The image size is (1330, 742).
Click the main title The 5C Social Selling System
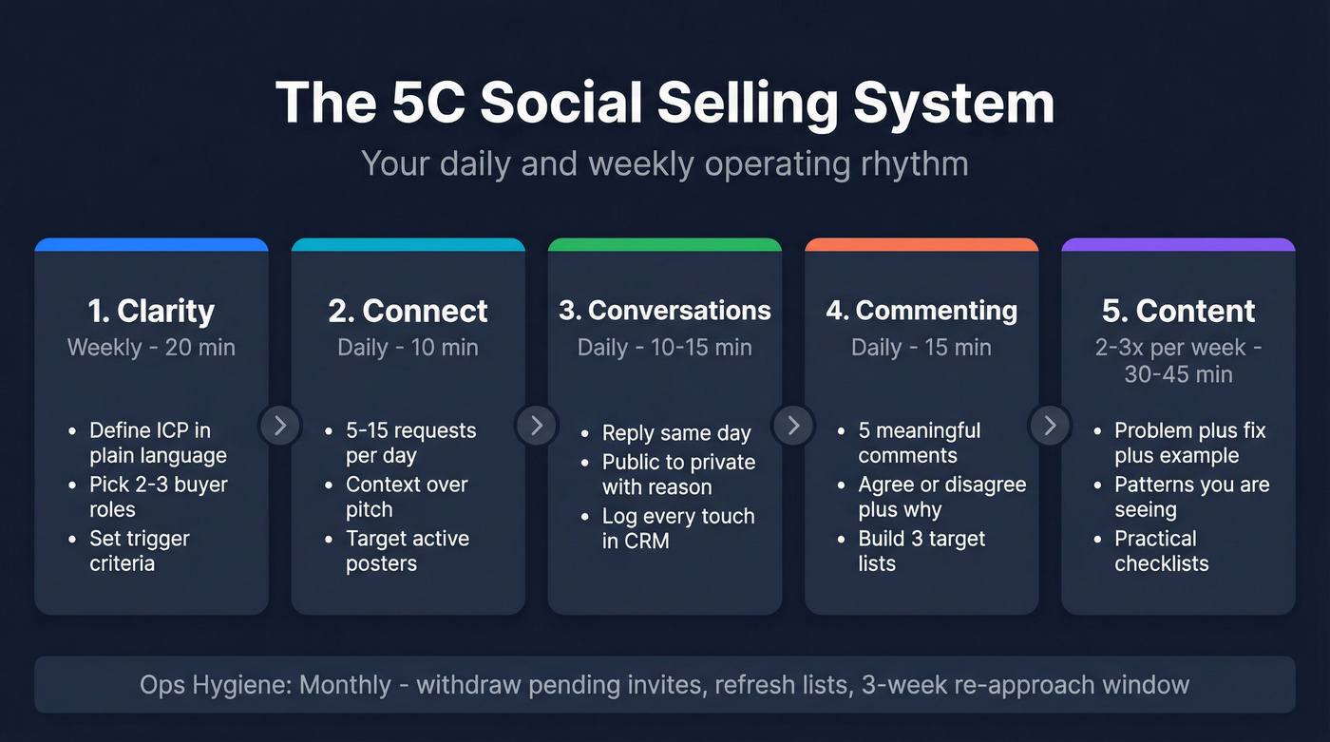(664, 103)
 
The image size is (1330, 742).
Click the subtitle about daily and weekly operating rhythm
(664, 163)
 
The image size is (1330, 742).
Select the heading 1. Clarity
(151, 311)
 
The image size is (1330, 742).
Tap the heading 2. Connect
(408, 311)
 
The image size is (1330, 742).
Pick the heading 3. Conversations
(664, 311)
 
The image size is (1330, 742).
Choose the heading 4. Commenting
(921, 311)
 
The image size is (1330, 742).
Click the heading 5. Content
(1178, 311)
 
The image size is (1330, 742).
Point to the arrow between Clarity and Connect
(280, 425)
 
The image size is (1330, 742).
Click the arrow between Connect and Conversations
(537, 425)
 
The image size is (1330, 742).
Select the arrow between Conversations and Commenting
(793, 425)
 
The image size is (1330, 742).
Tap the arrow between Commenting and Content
(1050, 425)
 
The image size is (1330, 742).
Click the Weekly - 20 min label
(151, 348)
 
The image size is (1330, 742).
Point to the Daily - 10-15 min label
(664, 348)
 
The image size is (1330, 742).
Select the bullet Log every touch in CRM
(677, 528)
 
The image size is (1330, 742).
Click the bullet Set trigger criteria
(140, 551)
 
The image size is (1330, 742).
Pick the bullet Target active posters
(408, 551)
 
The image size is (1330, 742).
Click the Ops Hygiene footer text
(664, 684)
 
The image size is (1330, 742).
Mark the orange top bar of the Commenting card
(921, 244)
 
